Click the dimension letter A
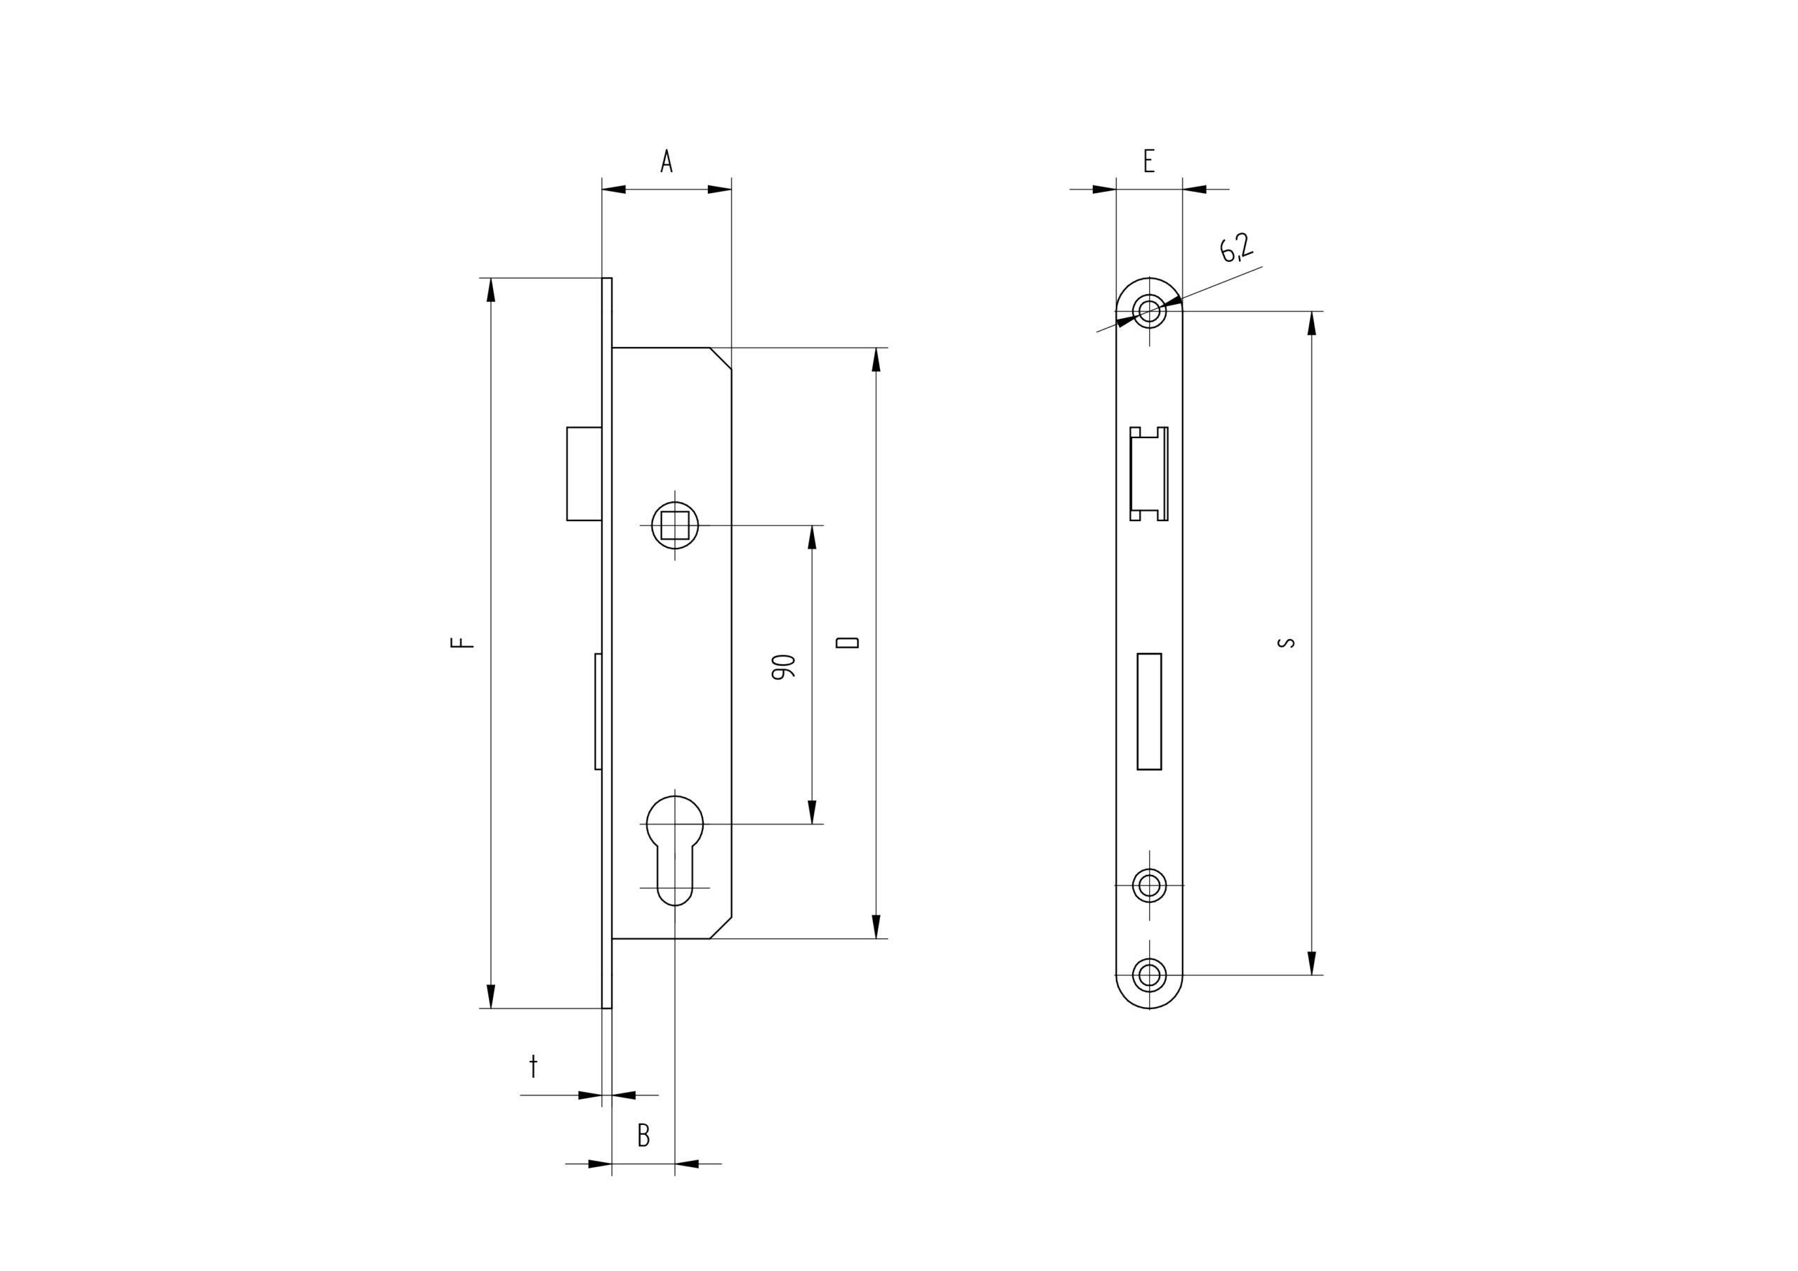(x=667, y=161)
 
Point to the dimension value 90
(x=783, y=666)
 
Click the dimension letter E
(x=1149, y=161)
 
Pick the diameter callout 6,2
(x=1235, y=247)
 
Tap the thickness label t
(x=533, y=1067)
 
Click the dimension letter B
(x=644, y=1135)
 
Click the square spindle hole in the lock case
(x=675, y=525)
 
